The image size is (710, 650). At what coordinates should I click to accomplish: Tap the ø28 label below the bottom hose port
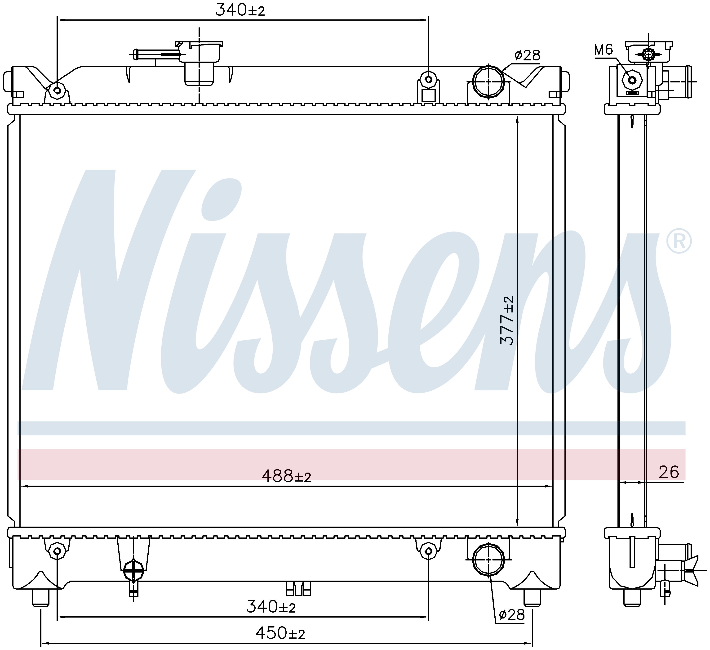coord(512,615)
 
